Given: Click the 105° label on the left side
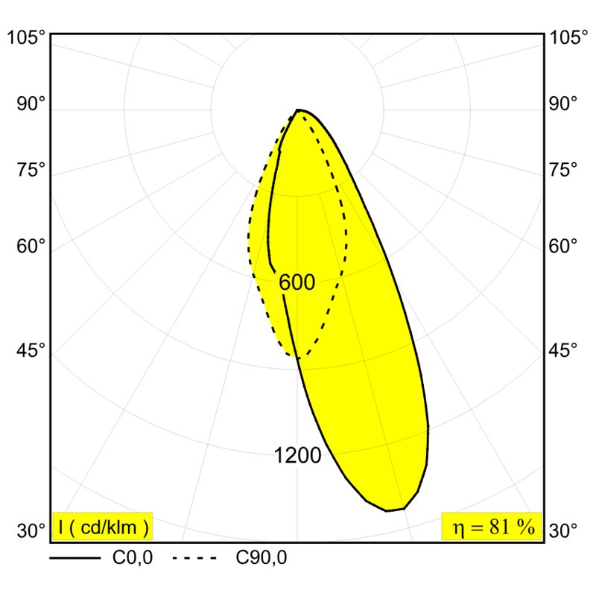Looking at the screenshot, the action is (x=27, y=38).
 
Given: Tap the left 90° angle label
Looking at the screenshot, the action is (x=31, y=104).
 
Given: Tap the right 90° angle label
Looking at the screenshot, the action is (x=563, y=104).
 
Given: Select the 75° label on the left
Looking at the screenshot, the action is (x=31, y=170).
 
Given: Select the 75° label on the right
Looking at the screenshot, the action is (x=563, y=170).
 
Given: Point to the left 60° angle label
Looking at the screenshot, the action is (x=31, y=247).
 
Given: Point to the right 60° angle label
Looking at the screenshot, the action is (x=563, y=247).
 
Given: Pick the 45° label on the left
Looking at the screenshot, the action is (x=31, y=350).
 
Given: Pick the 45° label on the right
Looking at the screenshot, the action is (x=563, y=350).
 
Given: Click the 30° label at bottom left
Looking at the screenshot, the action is (x=31, y=530).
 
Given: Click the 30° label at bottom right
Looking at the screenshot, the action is (x=563, y=530).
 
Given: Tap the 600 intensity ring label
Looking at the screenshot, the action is (x=297, y=282).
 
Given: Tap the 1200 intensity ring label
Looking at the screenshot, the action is (x=297, y=455).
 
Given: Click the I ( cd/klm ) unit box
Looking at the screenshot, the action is (x=103, y=527).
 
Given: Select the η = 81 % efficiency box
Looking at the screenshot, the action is (x=492, y=527).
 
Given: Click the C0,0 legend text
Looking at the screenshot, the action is (x=133, y=558).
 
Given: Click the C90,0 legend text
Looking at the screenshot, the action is (x=261, y=558).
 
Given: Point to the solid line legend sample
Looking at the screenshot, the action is (x=75, y=558).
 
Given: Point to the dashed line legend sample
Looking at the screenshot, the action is (x=194, y=558).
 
